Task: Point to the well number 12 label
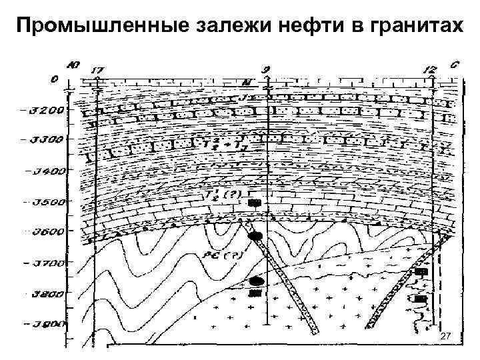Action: pos(431,69)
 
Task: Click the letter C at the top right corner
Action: pos(454,65)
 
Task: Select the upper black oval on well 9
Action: pos(255,236)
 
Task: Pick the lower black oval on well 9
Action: pos(256,281)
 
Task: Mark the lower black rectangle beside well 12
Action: pos(420,299)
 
